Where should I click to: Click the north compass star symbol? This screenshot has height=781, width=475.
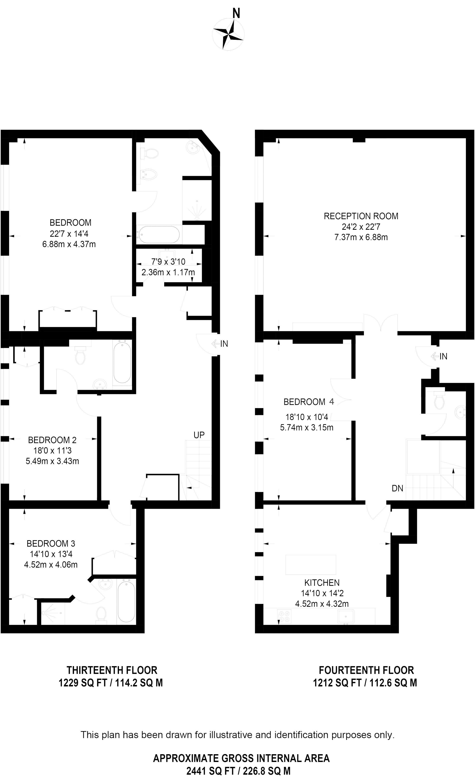[x=228, y=34]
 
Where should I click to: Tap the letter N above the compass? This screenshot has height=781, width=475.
[x=236, y=14]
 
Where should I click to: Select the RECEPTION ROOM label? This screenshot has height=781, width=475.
[x=361, y=216]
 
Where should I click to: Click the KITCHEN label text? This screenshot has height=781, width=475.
[x=322, y=582]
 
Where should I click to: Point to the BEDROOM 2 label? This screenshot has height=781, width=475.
[x=52, y=440]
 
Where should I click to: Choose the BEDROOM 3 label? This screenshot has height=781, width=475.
[x=51, y=544]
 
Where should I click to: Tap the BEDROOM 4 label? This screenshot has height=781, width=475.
[x=309, y=402]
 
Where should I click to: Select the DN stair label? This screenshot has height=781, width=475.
[x=397, y=488]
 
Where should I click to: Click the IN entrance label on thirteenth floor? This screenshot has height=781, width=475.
[x=224, y=343]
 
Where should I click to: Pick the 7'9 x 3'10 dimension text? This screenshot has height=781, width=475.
[x=168, y=262]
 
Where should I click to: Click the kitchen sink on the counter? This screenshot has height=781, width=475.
[x=346, y=616]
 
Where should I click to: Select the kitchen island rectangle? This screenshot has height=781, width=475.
[x=311, y=565]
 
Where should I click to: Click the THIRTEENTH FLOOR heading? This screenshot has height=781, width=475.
[x=112, y=670]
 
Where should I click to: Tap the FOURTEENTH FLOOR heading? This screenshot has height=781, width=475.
[x=366, y=670]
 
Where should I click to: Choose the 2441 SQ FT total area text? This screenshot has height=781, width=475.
[x=238, y=771]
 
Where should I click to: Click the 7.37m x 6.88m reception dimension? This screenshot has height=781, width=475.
[x=361, y=237]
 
